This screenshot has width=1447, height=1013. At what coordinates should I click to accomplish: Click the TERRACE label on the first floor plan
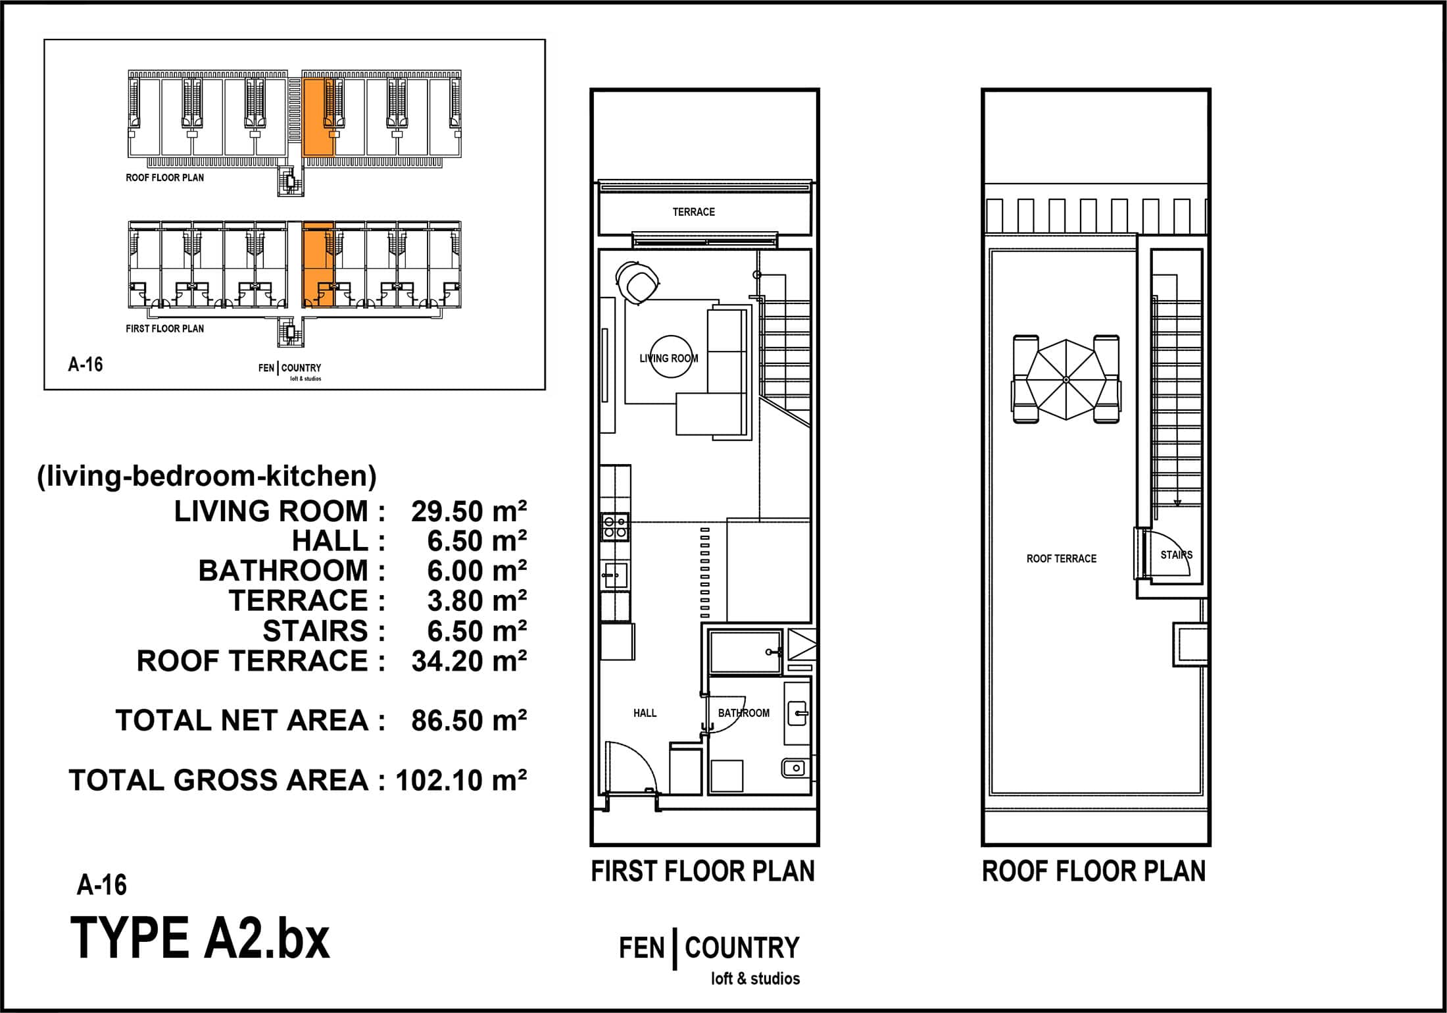tap(693, 212)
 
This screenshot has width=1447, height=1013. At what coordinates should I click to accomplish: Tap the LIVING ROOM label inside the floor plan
tap(669, 359)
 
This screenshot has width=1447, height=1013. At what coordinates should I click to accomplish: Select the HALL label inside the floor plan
tap(645, 713)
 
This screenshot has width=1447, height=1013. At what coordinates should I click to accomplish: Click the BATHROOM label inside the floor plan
tap(743, 713)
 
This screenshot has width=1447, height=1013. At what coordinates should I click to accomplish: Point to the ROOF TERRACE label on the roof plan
tap(1062, 559)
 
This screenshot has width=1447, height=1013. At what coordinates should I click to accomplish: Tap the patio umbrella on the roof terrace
tap(1066, 380)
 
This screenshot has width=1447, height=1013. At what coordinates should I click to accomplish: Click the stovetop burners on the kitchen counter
tap(615, 527)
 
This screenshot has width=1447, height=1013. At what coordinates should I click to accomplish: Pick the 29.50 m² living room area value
tap(469, 511)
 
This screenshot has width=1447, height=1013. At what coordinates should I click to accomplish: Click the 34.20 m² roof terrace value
tap(469, 661)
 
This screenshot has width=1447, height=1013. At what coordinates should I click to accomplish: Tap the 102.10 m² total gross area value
tap(461, 781)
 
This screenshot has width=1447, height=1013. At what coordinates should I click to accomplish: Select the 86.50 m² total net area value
tap(469, 721)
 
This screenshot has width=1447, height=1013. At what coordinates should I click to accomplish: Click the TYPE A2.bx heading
tap(200, 939)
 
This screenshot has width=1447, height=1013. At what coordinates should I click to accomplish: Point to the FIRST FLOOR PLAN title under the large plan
tap(702, 871)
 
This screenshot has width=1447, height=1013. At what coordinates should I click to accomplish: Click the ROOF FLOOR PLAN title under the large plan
tap(1094, 871)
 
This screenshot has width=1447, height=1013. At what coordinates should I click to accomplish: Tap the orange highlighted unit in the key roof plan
tap(318, 117)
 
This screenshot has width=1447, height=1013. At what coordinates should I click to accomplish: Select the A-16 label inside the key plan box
tap(86, 365)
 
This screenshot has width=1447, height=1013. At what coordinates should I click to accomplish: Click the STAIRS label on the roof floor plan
tap(1176, 555)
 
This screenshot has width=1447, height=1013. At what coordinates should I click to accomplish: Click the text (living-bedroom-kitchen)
tap(207, 476)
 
